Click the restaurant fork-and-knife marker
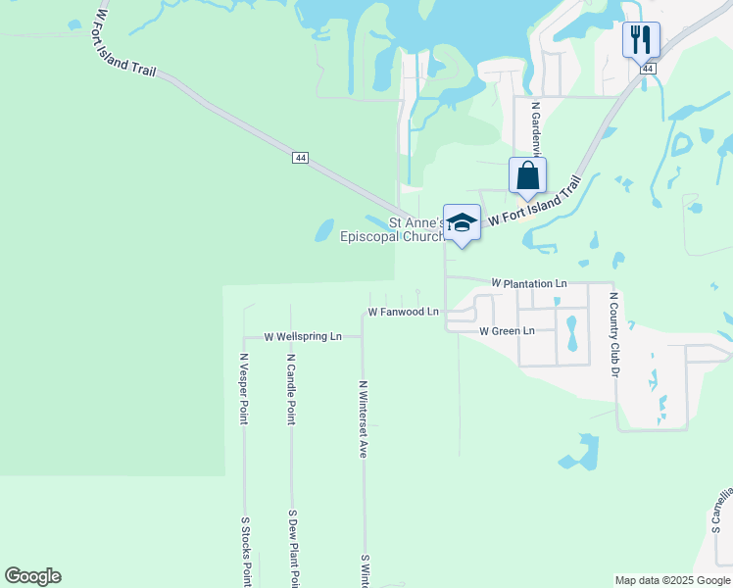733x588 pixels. (x=641, y=40)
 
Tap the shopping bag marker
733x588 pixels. (x=527, y=176)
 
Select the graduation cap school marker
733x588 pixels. (x=462, y=222)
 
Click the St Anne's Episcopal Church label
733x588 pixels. (x=392, y=229)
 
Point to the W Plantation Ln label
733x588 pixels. (x=529, y=283)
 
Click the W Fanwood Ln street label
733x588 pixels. (x=403, y=312)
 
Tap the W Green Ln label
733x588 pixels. (x=507, y=331)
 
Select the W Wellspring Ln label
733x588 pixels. (x=302, y=336)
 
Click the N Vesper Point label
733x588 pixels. (x=244, y=388)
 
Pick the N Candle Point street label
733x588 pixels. (x=291, y=388)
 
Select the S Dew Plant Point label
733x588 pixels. (x=292, y=549)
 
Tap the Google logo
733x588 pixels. (x=32, y=576)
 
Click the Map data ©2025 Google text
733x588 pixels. (x=672, y=580)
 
